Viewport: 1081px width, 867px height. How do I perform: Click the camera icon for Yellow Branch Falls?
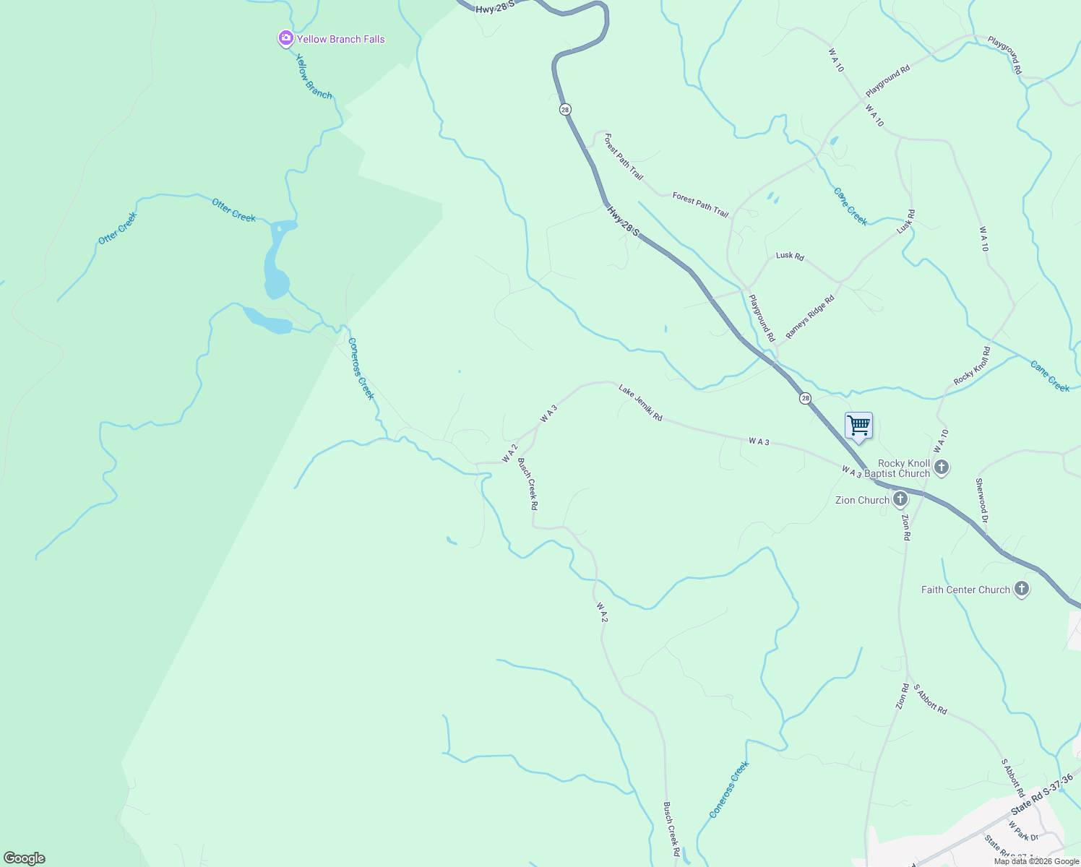[x=285, y=38]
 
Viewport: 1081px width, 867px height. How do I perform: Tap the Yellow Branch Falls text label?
[x=341, y=39]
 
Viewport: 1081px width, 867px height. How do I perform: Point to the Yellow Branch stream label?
[x=314, y=77]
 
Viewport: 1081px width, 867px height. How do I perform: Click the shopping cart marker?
[x=858, y=426]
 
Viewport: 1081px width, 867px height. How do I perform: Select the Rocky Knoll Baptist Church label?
[x=904, y=468]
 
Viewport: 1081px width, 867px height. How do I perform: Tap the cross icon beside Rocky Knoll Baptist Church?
[x=941, y=467]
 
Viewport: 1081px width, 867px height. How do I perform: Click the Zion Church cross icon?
[x=900, y=499]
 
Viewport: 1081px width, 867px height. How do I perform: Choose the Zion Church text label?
[x=862, y=500]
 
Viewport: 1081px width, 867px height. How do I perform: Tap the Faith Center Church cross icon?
[x=1021, y=590]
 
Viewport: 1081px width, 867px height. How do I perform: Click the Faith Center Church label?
[x=965, y=590]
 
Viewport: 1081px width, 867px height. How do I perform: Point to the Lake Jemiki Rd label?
[x=640, y=403]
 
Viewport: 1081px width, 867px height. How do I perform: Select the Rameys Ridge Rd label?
[x=810, y=316]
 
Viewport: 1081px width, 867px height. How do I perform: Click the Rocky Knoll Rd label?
[x=972, y=366]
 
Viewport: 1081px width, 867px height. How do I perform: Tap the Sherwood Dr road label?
[x=981, y=496]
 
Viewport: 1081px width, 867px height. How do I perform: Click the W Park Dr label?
[x=1023, y=831]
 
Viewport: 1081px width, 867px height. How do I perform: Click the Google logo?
[x=24, y=858]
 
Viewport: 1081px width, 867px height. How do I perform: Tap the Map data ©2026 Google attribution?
[x=1036, y=861]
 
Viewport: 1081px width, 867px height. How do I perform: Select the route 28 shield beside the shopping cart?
[x=805, y=399]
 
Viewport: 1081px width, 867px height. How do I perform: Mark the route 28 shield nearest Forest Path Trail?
[x=565, y=109]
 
